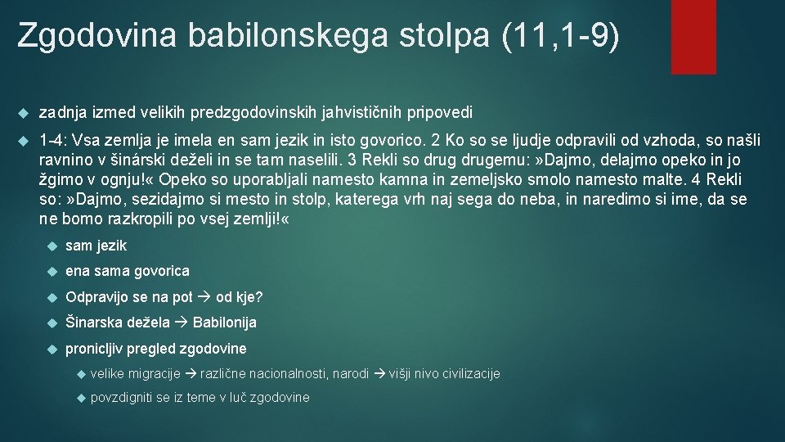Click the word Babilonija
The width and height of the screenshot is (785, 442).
(225, 322)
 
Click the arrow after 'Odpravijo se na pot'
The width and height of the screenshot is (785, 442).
(204, 297)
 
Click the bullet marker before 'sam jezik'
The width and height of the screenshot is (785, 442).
(52, 246)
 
